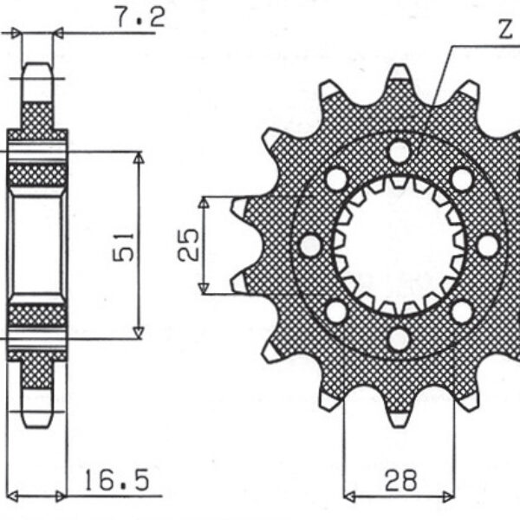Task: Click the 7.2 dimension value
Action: click(x=140, y=17)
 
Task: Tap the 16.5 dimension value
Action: click(x=117, y=480)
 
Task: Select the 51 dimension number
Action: click(x=123, y=247)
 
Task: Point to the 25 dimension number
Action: click(x=188, y=244)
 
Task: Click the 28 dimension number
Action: click(x=400, y=480)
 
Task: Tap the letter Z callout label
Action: click(x=505, y=29)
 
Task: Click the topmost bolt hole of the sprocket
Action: click(x=399, y=153)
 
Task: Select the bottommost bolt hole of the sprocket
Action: click(x=399, y=340)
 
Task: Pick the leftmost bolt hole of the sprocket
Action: click(x=310, y=246)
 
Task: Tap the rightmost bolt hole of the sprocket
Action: click(x=488, y=246)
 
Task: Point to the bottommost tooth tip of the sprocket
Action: click(x=399, y=426)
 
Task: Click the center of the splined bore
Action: click(x=399, y=246)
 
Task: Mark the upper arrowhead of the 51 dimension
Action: click(x=139, y=158)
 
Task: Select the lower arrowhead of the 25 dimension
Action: click(x=204, y=289)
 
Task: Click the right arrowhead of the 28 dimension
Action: click(x=448, y=497)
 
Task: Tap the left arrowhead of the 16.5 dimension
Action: click(x=13, y=497)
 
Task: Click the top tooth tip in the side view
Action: click(x=37, y=63)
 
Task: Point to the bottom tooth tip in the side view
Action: click(x=37, y=426)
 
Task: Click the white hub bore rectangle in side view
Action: click(x=36, y=246)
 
